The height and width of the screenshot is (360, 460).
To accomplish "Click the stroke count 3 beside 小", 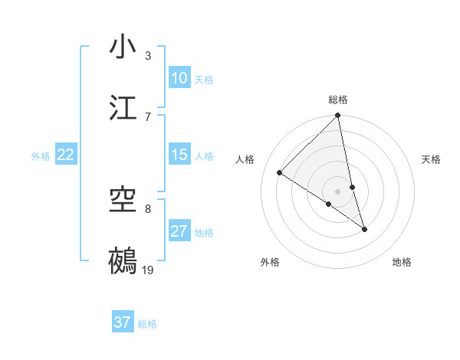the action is coord(147,55).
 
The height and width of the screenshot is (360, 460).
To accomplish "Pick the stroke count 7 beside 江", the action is coord(147,116).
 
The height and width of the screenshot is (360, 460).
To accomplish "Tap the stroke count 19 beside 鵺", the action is coord(148,270).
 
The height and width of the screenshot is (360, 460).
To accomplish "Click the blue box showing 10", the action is coord(179,78).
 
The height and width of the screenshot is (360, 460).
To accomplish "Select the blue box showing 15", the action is coord(179,155).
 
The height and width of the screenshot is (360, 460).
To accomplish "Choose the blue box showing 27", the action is coord(179,231).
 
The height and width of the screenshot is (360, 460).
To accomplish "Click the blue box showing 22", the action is coord(66,155).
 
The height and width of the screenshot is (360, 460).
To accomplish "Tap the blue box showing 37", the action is coord(123,322).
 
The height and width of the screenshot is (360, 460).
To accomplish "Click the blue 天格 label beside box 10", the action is coord(204,80).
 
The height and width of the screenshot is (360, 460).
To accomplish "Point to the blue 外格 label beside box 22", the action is coord(41,156).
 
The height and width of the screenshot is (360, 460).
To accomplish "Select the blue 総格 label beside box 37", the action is coord(147,324).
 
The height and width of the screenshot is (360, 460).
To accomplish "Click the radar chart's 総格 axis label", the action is coord(338,100).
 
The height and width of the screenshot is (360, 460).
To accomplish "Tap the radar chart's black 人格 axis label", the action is coord(245,159).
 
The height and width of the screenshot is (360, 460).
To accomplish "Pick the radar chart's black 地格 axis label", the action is coord(402,262).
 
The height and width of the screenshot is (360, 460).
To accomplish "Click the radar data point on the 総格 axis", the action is coord(338,116).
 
